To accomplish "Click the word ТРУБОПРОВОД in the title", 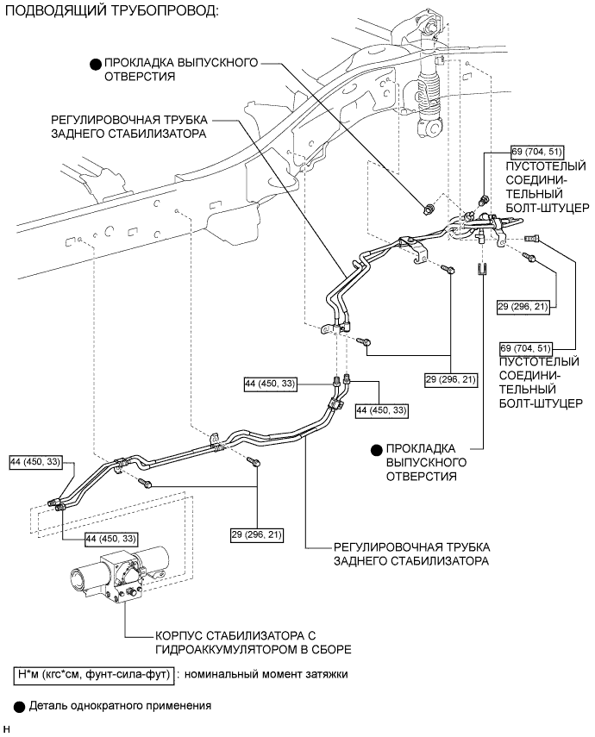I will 158,12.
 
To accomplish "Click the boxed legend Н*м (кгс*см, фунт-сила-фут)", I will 95,675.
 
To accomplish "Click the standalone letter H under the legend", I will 6,730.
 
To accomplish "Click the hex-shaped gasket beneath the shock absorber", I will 429,208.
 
